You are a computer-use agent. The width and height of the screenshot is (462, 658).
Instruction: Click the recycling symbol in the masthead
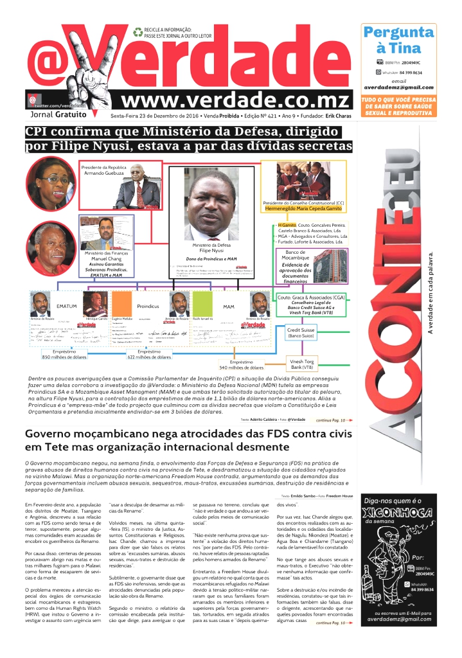pos(138,30)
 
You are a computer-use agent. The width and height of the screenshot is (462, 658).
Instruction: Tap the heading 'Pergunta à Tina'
pos(398,40)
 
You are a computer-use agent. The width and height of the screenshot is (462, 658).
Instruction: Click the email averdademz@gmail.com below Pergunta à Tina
pos(398,87)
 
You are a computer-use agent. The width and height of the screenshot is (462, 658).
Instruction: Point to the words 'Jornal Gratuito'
pos(58,114)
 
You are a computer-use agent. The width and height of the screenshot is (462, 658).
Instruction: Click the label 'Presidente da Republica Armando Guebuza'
pos(103,171)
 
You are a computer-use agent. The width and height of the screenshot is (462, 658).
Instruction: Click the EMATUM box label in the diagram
pos(67,306)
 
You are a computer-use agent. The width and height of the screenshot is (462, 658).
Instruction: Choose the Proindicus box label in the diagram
pos(148,306)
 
